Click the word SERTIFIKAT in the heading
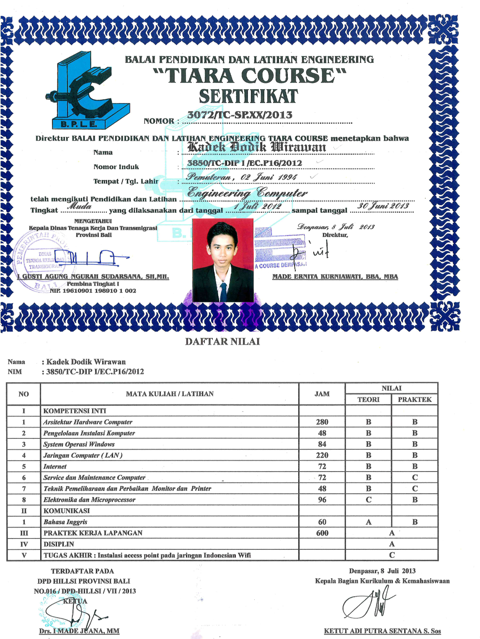(x=248, y=97)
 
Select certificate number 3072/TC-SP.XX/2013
(x=240, y=115)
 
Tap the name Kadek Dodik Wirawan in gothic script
(x=257, y=147)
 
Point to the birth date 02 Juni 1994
(x=268, y=177)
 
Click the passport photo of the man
(x=222, y=260)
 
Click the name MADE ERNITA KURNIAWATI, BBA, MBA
(x=335, y=277)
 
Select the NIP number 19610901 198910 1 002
(x=93, y=291)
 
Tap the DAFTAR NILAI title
(x=222, y=342)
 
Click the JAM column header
(x=322, y=394)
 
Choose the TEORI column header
(x=368, y=399)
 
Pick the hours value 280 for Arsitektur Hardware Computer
(x=322, y=422)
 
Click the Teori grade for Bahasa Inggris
(x=368, y=522)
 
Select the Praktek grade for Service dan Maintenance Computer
(x=415, y=477)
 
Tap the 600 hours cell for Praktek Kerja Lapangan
(x=322, y=533)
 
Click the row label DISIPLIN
(x=59, y=544)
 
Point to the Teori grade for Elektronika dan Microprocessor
(x=368, y=500)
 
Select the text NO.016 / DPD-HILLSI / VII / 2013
(x=85, y=591)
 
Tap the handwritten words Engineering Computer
(x=247, y=193)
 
